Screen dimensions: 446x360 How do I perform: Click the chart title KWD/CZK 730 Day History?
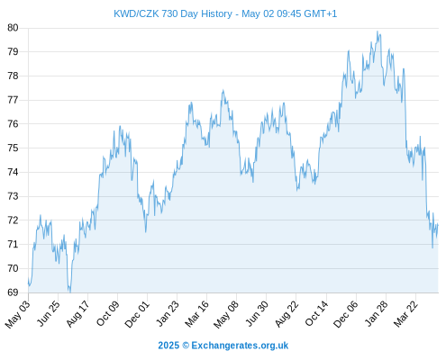[x=173, y=13]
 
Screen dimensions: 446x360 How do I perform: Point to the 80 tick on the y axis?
[x=13, y=28]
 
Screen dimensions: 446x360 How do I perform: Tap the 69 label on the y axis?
[x=13, y=292]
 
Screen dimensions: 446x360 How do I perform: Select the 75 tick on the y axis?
[x=13, y=148]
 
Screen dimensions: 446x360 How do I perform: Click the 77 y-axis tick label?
[x=13, y=100]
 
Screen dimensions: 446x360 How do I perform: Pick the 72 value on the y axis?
[x=13, y=220]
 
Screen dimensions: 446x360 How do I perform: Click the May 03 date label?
[x=18, y=313]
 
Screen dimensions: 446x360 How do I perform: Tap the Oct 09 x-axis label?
[x=108, y=313]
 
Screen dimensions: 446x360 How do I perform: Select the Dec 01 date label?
[x=137, y=314]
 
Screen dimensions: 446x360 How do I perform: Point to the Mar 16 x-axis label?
[x=196, y=313]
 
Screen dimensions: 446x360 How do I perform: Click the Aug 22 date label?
[x=287, y=313]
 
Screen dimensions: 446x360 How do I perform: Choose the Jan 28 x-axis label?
[x=377, y=313]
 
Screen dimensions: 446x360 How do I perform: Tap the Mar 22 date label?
[x=406, y=313]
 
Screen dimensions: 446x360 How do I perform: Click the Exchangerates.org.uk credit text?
[x=240, y=346]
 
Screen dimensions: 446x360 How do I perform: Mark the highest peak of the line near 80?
[x=378, y=31]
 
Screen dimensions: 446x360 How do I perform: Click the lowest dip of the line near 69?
[x=70, y=291]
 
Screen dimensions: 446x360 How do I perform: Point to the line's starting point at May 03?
[x=29, y=279]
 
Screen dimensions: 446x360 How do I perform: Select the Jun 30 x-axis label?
[x=257, y=313]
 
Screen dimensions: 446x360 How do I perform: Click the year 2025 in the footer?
[x=168, y=346]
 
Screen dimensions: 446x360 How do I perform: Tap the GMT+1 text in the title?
[x=321, y=13]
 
